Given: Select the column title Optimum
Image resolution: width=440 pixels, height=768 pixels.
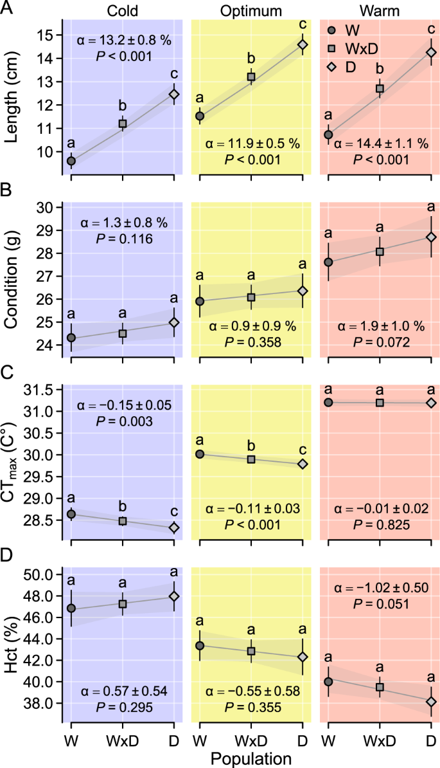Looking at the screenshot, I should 251,10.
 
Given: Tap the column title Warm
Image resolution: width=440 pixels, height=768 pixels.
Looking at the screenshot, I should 380,10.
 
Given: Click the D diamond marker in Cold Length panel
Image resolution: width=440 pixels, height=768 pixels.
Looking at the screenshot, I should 174,94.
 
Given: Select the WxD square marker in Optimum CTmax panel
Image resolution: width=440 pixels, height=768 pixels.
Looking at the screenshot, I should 251,459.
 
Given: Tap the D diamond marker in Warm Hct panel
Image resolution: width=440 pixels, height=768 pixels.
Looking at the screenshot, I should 431,701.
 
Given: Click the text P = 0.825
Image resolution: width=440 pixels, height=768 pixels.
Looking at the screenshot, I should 380,524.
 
